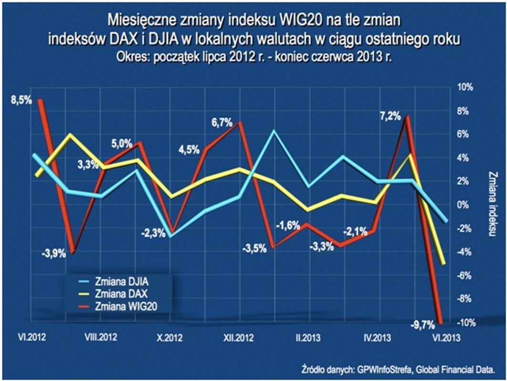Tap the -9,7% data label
(423, 326)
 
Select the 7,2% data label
(390, 117)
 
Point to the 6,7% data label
(222, 122)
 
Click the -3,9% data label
(55, 253)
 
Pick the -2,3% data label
(153, 233)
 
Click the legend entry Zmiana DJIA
(122, 281)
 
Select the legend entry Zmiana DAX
(120, 292)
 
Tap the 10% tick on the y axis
(466, 88)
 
